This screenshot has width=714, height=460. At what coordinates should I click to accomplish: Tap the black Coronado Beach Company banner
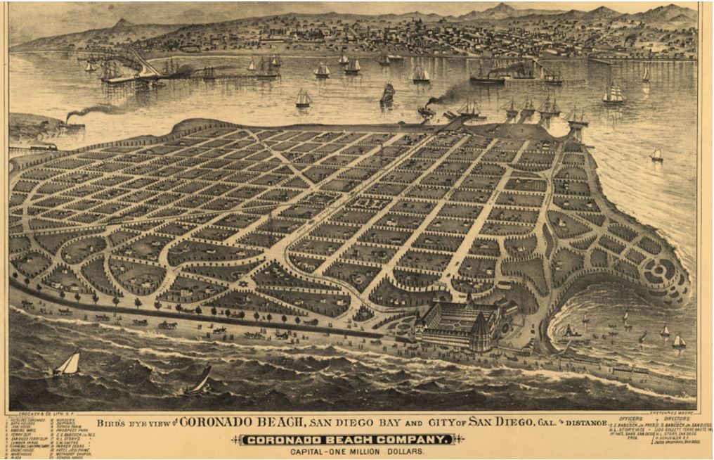pos(345,440)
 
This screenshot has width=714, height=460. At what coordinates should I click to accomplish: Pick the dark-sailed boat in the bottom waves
pos(200,382)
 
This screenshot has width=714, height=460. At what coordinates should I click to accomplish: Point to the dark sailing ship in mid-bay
pos(387,94)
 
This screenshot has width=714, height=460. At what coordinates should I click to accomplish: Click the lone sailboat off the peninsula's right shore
pos(656,155)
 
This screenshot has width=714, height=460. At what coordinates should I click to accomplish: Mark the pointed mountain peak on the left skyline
pos(124,23)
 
